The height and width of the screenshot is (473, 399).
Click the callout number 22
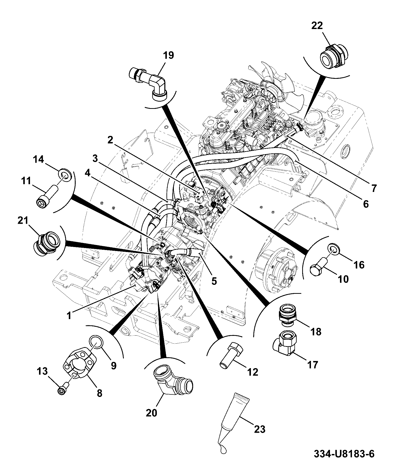coord(317,26)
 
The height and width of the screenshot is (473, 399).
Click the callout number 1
coord(69,316)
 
